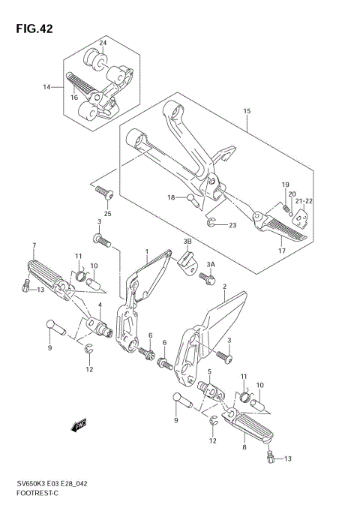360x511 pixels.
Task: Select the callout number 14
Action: (46, 87)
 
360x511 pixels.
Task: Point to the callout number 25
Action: (107, 215)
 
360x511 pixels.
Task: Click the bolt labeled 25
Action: (104, 194)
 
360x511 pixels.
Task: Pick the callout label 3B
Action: (187, 242)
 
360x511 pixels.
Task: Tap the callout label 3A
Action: (212, 263)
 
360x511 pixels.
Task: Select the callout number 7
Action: (34, 245)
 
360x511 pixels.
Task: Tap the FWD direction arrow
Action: (78, 427)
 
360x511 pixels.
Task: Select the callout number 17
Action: (282, 251)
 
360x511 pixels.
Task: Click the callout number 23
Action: (232, 225)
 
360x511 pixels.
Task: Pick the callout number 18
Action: (171, 197)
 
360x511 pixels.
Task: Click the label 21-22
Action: (304, 202)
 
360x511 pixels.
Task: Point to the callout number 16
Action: (73, 98)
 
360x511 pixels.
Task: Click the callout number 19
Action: (285, 185)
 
